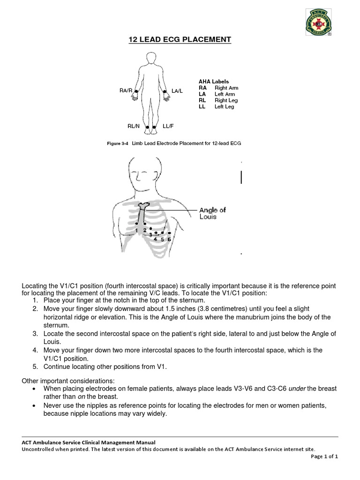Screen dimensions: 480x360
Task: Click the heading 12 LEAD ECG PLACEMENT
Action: (x=180, y=40)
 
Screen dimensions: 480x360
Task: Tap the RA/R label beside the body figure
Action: (x=126, y=90)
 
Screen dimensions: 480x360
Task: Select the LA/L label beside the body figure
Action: (x=177, y=90)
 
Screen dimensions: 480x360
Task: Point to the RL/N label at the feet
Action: (x=134, y=127)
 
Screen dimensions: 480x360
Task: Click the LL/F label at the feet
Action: (x=168, y=127)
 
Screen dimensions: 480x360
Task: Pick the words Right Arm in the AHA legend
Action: (x=226, y=88)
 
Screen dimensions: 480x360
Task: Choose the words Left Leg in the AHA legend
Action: (x=224, y=107)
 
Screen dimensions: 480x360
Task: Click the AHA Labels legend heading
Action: (x=214, y=81)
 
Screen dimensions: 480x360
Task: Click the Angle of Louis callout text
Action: (x=212, y=213)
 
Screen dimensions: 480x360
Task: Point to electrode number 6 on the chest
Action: (x=169, y=239)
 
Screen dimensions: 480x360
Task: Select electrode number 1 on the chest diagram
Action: (x=136, y=230)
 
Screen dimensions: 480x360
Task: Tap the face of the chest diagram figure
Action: (x=141, y=176)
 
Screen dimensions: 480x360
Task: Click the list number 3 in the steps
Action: (x=35, y=333)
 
